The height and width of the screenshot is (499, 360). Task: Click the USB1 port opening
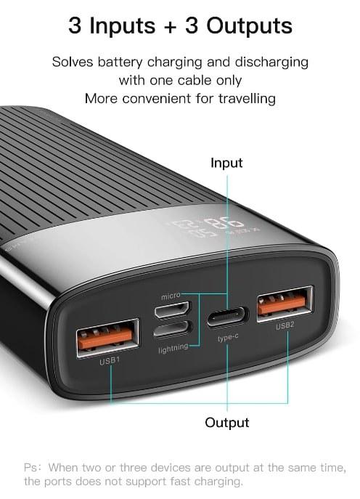[x=107, y=338]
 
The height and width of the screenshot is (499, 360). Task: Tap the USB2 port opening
[x=285, y=304]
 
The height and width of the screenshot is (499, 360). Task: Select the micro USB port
[x=172, y=309]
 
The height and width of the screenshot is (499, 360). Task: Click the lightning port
[x=172, y=329]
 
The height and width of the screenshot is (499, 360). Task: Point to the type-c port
[x=227, y=317]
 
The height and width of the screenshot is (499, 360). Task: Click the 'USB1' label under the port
[x=110, y=361]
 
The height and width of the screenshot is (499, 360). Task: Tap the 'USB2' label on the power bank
[x=285, y=326]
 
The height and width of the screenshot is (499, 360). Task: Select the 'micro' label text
[x=171, y=296]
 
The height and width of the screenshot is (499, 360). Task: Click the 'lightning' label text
[x=173, y=348]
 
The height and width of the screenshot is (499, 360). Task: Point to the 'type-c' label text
[x=228, y=337]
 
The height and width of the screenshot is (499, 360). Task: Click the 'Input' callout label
[x=226, y=163]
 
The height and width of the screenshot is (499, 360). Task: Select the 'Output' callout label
[x=226, y=423]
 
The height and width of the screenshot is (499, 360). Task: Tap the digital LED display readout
[x=213, y=227]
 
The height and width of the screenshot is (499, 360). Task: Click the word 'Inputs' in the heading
[x=123, y=26]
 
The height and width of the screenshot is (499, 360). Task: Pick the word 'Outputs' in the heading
[x=249, y=25]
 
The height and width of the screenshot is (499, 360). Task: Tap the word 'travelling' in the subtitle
[x=247, y=98]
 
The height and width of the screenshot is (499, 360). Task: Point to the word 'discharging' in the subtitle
[x=271, y=62]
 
